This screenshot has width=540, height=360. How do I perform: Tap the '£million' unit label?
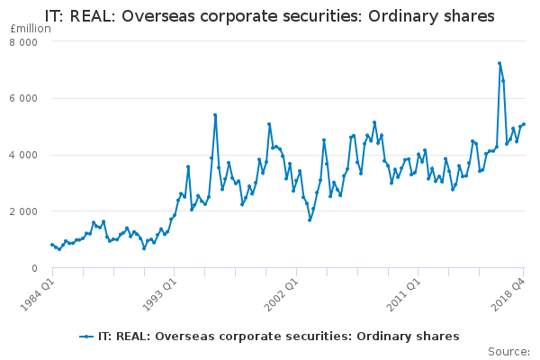pos(30,29)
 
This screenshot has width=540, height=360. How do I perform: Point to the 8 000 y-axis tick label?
pos(23,42)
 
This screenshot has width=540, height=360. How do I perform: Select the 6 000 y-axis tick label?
pos(23,99)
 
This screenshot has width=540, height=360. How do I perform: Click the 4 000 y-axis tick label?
pos(23,155)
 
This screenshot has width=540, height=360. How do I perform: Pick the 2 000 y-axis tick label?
pos(23,211)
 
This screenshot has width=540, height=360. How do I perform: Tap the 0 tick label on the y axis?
pos(34,268)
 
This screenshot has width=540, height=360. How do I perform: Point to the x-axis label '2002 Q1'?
pos(284,293)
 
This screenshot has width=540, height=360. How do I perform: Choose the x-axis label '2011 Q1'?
pos(409,293)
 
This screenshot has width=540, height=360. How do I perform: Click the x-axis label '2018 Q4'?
pos(510,293)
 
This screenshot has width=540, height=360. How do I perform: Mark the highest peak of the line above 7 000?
pos(499,63)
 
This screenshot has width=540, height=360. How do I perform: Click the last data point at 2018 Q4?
pos(524,124)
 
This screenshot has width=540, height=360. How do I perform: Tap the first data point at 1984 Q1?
pos(52,245)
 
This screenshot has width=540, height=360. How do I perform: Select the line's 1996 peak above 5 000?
pos(215,115)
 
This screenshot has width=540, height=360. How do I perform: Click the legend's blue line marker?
pos(86,336)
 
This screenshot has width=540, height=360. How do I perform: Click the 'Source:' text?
pos(508,351)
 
